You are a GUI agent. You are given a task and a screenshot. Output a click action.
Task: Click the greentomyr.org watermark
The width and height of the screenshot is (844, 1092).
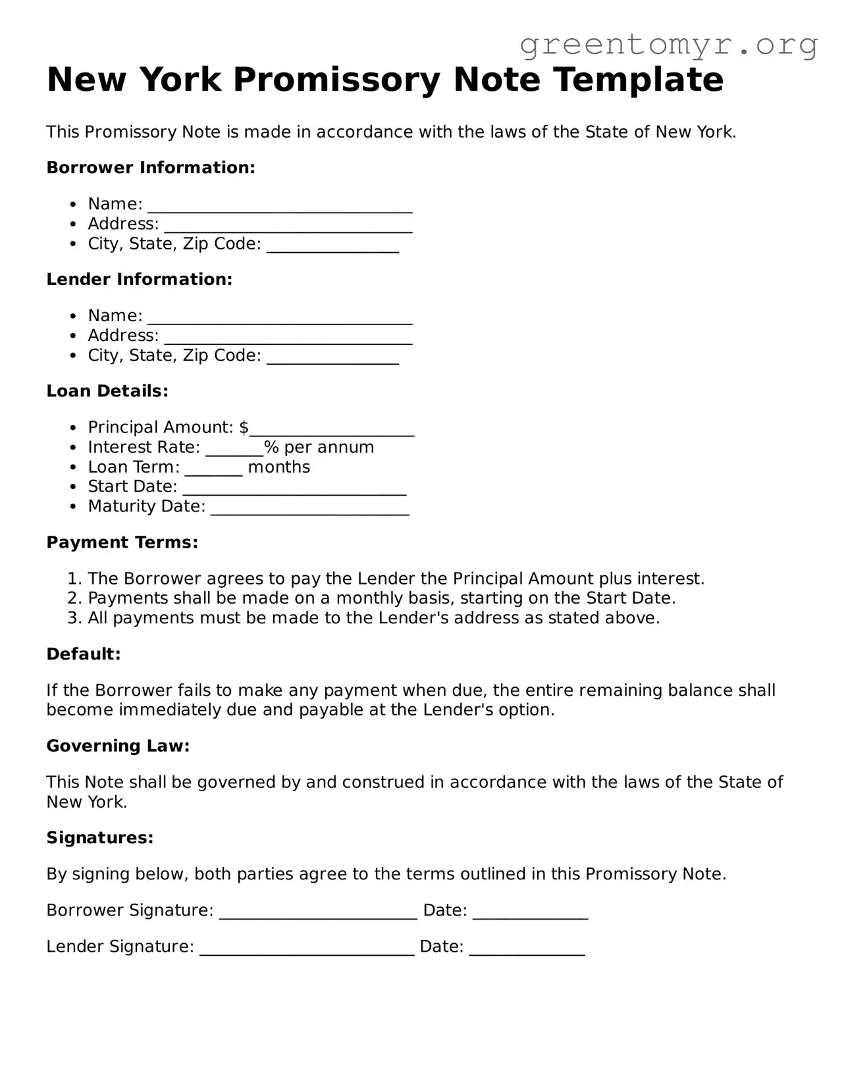[668, 45]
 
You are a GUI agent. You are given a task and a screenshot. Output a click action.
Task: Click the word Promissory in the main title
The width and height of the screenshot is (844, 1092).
[337, 80]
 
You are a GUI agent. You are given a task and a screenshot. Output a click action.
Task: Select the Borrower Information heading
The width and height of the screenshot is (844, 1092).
[151, 168]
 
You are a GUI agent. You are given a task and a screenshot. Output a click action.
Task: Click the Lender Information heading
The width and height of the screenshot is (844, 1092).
[140, 280]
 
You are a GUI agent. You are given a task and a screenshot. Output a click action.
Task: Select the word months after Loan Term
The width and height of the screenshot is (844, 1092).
[278, 467]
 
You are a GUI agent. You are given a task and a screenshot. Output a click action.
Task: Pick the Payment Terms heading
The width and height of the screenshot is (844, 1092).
[122, 542]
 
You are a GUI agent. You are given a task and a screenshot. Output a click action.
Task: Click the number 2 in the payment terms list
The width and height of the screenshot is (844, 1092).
[73, 598]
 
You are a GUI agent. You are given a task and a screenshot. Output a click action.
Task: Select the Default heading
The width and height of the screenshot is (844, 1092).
[84, 654]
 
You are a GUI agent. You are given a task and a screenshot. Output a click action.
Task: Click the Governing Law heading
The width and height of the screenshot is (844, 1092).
[118, 746]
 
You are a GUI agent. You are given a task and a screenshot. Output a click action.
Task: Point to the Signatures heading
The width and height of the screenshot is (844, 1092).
[99, 838]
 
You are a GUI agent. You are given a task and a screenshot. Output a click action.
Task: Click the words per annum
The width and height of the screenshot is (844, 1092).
[329, 448]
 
